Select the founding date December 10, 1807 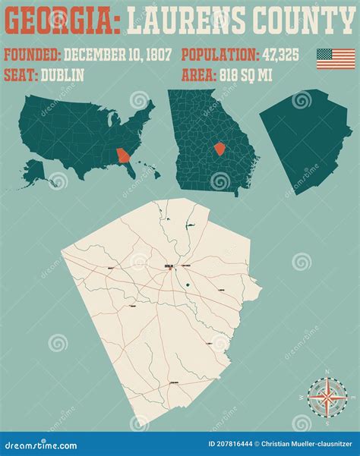[x=118, y=55]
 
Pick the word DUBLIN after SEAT [x=64, y=75]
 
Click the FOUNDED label [x=32, y=55]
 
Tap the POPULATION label [x=221, y=55]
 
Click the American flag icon [x=336, y=59]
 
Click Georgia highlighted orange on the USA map [x=122, y=157]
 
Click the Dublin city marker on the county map [x=169, y=266]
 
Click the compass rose [x=327, y=396]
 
